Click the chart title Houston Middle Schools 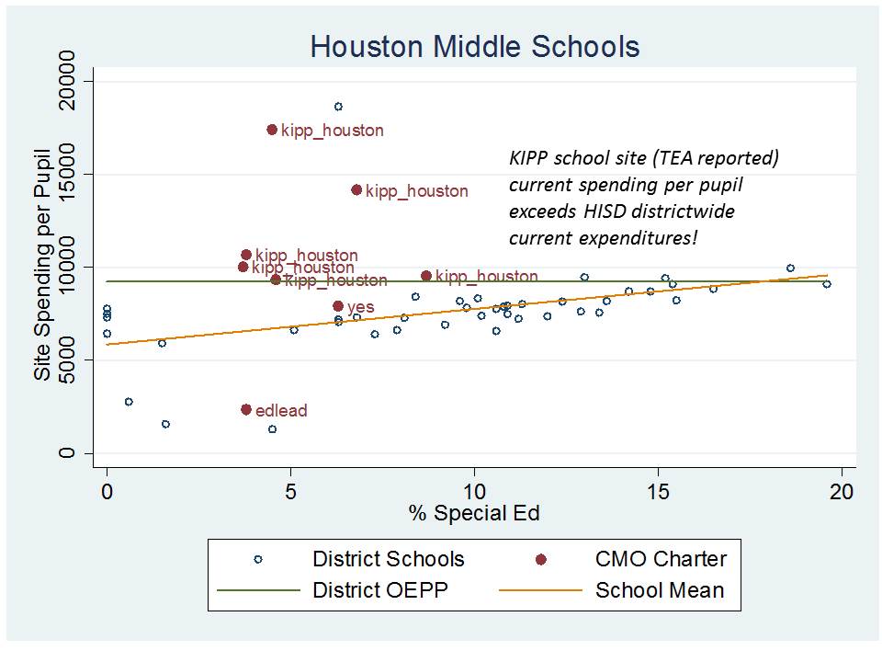pos(474,47)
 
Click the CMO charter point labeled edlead pos(246,409)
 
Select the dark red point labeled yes pos(338,305)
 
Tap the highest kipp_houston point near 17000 pos(272,130)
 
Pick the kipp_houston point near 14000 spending pos(356,189)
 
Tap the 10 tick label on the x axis pos(474,490)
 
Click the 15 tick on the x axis pos(658,490)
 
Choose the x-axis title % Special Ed pos(474,514)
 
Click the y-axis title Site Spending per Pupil pos(42,267)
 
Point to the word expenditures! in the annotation pos(646,238)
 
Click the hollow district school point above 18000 pos(338,107)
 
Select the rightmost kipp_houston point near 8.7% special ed pos(426,276)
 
